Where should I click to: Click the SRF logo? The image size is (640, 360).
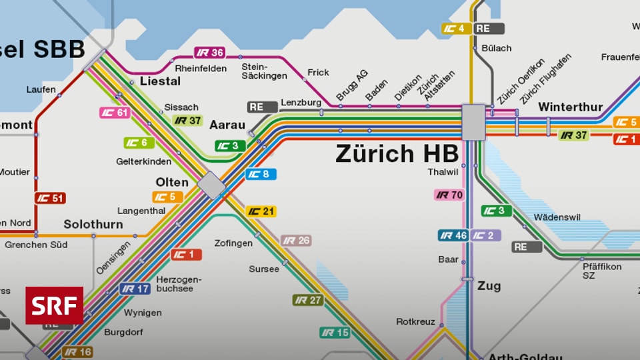click(x=55, y=305)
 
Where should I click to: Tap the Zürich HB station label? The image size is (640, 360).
click(x=397, y=153)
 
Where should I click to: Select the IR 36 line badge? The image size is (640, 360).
click(x=209, y=53)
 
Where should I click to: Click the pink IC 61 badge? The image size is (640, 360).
click(x=115, y=113)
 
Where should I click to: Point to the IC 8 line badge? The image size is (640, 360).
click(x=261, y=175)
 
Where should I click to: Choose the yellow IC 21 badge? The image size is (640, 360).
click(x=261, y=211)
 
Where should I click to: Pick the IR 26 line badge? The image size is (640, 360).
click(x=296, y=240)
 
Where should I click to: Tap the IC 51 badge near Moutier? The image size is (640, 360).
click(x=50, y=198)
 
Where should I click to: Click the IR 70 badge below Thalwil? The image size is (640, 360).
click(x=449, y=195)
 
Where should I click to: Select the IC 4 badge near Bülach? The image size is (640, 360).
click(x=457, y=29)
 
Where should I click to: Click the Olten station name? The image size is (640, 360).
click(x=172, y=182)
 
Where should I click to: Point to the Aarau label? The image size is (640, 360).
click(x=227, y=125)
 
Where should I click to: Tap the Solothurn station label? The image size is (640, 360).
click(x=93, y=224)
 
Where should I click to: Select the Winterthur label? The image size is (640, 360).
click(x=570, y=107)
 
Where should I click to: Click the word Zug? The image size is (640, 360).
click(x=489, y=286)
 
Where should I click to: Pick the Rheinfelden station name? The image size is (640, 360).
click(x=201, y=68)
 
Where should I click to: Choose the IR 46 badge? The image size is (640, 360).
click(x=453, y=235)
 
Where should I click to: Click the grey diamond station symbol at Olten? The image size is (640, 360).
click(x=212, y=185)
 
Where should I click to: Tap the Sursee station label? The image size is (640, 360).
click(x=264, y=269)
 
